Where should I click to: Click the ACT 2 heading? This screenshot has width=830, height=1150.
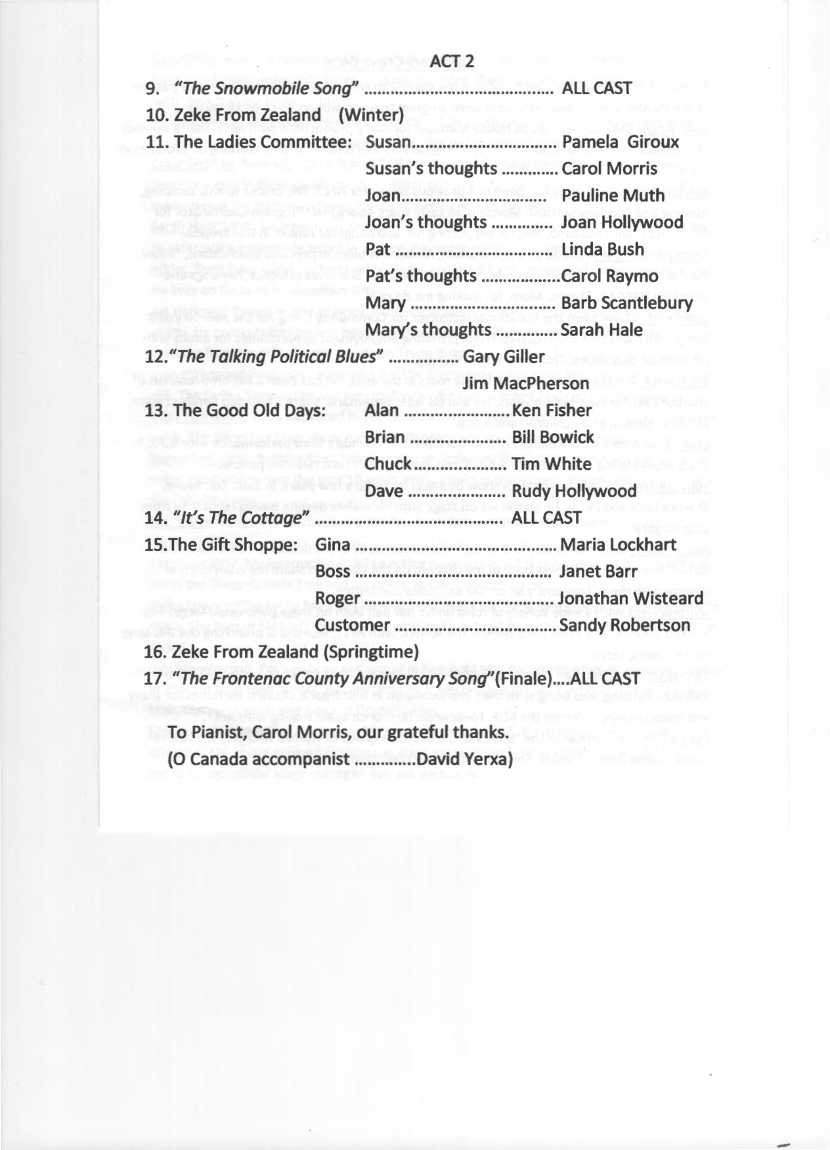pos(452,62)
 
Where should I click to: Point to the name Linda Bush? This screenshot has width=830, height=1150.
pos(603,249)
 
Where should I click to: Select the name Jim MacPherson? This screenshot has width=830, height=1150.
pos(517,383)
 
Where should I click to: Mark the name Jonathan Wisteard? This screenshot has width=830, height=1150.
pos(630,599)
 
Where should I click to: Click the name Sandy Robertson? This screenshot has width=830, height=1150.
pos(625,626)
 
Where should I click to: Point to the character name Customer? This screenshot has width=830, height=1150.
pos(353,626)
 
